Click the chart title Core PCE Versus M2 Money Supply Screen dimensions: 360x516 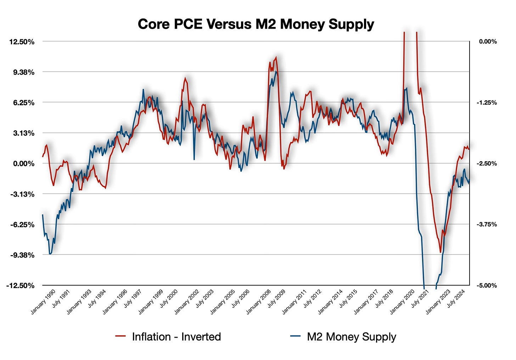tap(256, 24)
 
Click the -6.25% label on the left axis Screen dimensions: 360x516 tap(22, 225)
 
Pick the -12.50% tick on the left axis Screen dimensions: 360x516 tap(21, 286)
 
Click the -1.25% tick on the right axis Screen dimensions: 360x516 tap(488, 103)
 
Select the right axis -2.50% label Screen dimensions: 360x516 tap(488, 164)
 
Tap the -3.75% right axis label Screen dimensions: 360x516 tap(488, 225)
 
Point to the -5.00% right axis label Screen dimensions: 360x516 tap(488, 286)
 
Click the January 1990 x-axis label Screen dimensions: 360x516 tap(43, 302)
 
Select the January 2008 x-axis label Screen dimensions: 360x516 tap(258, 302)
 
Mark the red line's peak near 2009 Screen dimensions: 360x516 tap(276, 57)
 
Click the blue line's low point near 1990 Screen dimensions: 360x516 tap(50, 254)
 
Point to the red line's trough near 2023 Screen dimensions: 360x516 tap(441, 252)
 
